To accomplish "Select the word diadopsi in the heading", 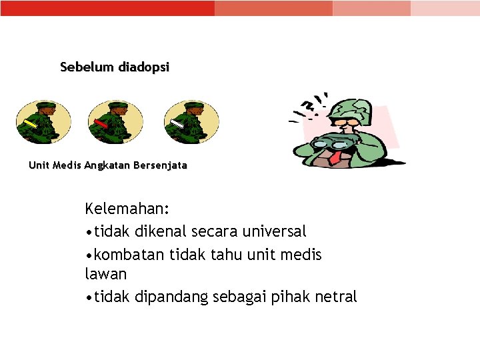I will pos(144,67).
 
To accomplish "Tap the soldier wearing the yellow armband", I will pos(43,122).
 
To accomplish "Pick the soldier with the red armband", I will pos(115,122).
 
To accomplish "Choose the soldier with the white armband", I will pos(191,122).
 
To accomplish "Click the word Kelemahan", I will pos(127,209).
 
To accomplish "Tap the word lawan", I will pos(105,274).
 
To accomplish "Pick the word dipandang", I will pos(171,297).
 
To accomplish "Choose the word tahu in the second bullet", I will pos(231,254).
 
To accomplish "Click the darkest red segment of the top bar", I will pos(107,8).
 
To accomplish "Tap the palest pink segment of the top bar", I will pos(445,8).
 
